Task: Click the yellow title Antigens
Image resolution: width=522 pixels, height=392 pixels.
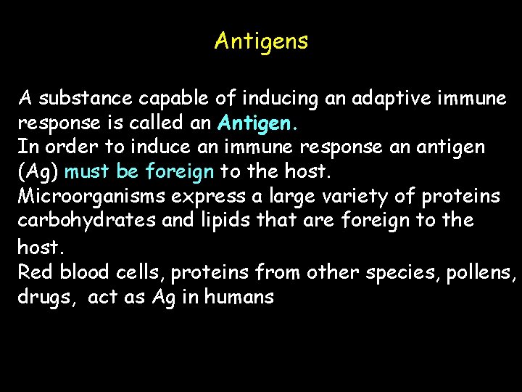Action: pyautogui.click(x=261, y=41)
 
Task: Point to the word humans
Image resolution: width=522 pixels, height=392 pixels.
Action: pyautogui.click(x=239, y=296)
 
